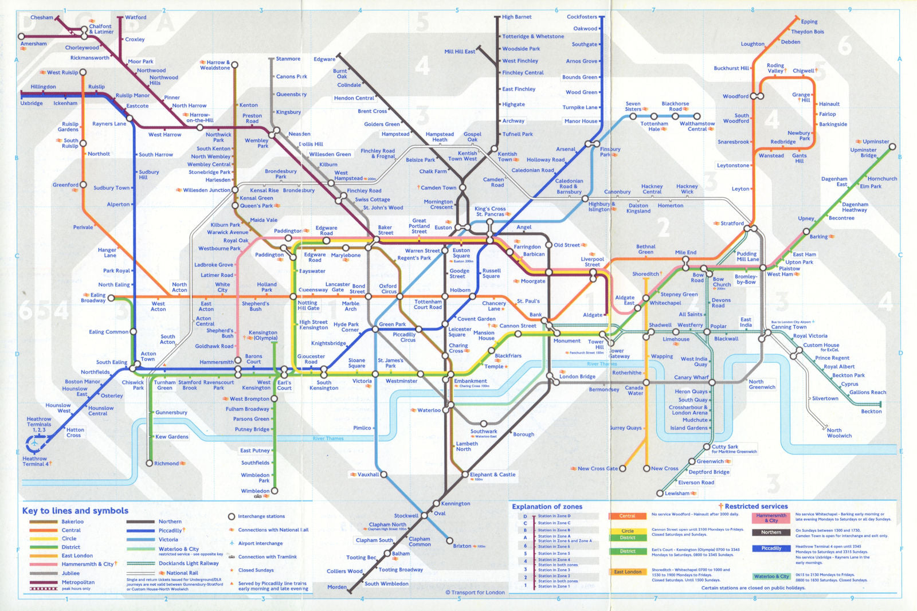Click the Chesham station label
41,17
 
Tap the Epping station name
809,22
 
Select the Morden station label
336,587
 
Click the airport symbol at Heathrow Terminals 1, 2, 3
35,443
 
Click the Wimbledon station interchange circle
275,491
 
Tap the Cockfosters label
582,17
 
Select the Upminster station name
876,142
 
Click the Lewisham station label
677,493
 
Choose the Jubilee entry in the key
70,573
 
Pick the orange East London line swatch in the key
44,555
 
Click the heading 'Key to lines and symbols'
75,511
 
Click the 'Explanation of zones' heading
547,507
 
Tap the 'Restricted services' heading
756,506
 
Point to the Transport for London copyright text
475,593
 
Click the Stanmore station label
288,58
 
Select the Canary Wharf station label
691,377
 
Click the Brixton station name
462,546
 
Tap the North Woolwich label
839,433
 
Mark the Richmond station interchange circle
150,463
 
